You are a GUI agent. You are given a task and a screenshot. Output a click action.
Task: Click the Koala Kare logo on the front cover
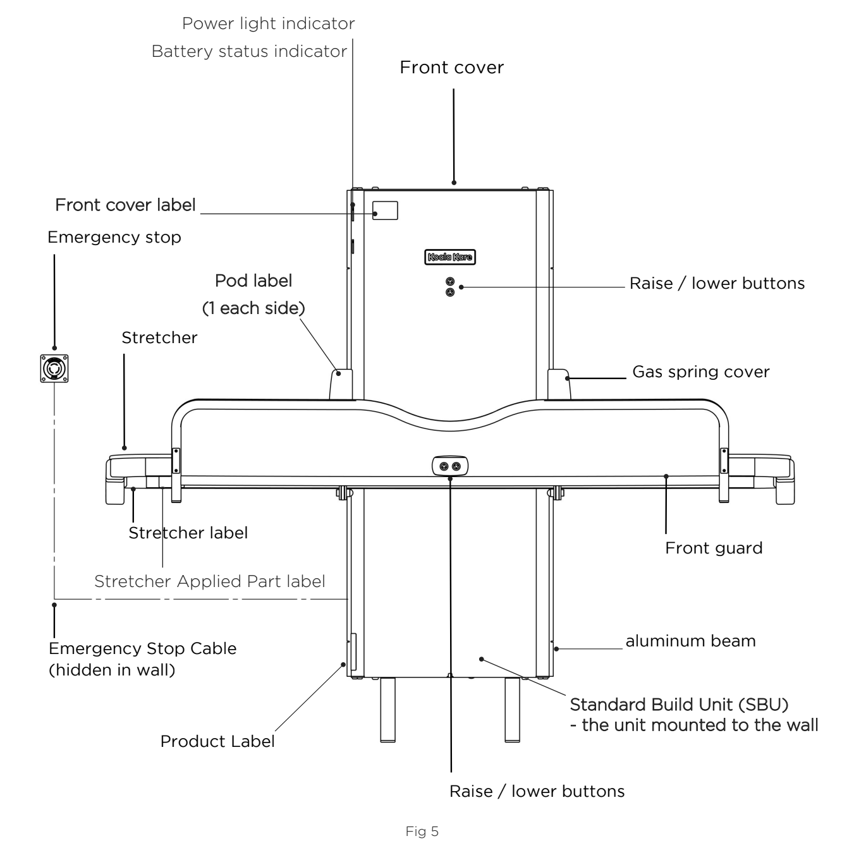coord(450,257)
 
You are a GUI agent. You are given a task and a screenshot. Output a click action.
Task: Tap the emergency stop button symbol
coord(54,368)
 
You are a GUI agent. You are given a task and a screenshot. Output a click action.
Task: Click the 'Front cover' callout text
coord(452,68)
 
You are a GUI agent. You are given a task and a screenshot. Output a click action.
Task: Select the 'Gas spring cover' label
coord(700,372)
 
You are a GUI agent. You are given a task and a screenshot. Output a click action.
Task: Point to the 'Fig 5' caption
coord(422,832)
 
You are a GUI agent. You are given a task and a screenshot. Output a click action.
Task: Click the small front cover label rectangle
coord(385,210)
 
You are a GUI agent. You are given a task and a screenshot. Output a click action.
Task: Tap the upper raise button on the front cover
coord(450,282)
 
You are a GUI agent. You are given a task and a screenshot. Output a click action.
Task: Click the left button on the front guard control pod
coord(444,466)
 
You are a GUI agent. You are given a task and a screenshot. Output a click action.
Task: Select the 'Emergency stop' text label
coord(114,238)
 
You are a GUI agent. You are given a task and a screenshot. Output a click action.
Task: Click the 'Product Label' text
coord(217,741)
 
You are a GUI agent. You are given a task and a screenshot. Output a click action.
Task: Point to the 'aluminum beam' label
coord(690,641)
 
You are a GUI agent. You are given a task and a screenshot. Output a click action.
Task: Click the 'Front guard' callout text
coord(714,548)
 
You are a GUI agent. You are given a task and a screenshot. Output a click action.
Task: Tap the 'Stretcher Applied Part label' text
coord(209,581)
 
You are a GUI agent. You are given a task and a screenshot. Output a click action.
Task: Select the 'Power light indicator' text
coord(268,24)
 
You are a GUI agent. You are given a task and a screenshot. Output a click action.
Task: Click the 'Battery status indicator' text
coord(250,52)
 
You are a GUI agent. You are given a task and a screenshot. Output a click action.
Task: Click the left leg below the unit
coord(388,710)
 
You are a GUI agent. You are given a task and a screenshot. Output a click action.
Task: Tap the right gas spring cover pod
coord(559,384)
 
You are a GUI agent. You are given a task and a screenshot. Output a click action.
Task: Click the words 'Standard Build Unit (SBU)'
coord(679,705)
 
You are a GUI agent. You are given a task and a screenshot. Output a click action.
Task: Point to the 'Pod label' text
coord(253,281)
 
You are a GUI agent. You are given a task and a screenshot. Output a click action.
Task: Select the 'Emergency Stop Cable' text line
coord(142,649)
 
